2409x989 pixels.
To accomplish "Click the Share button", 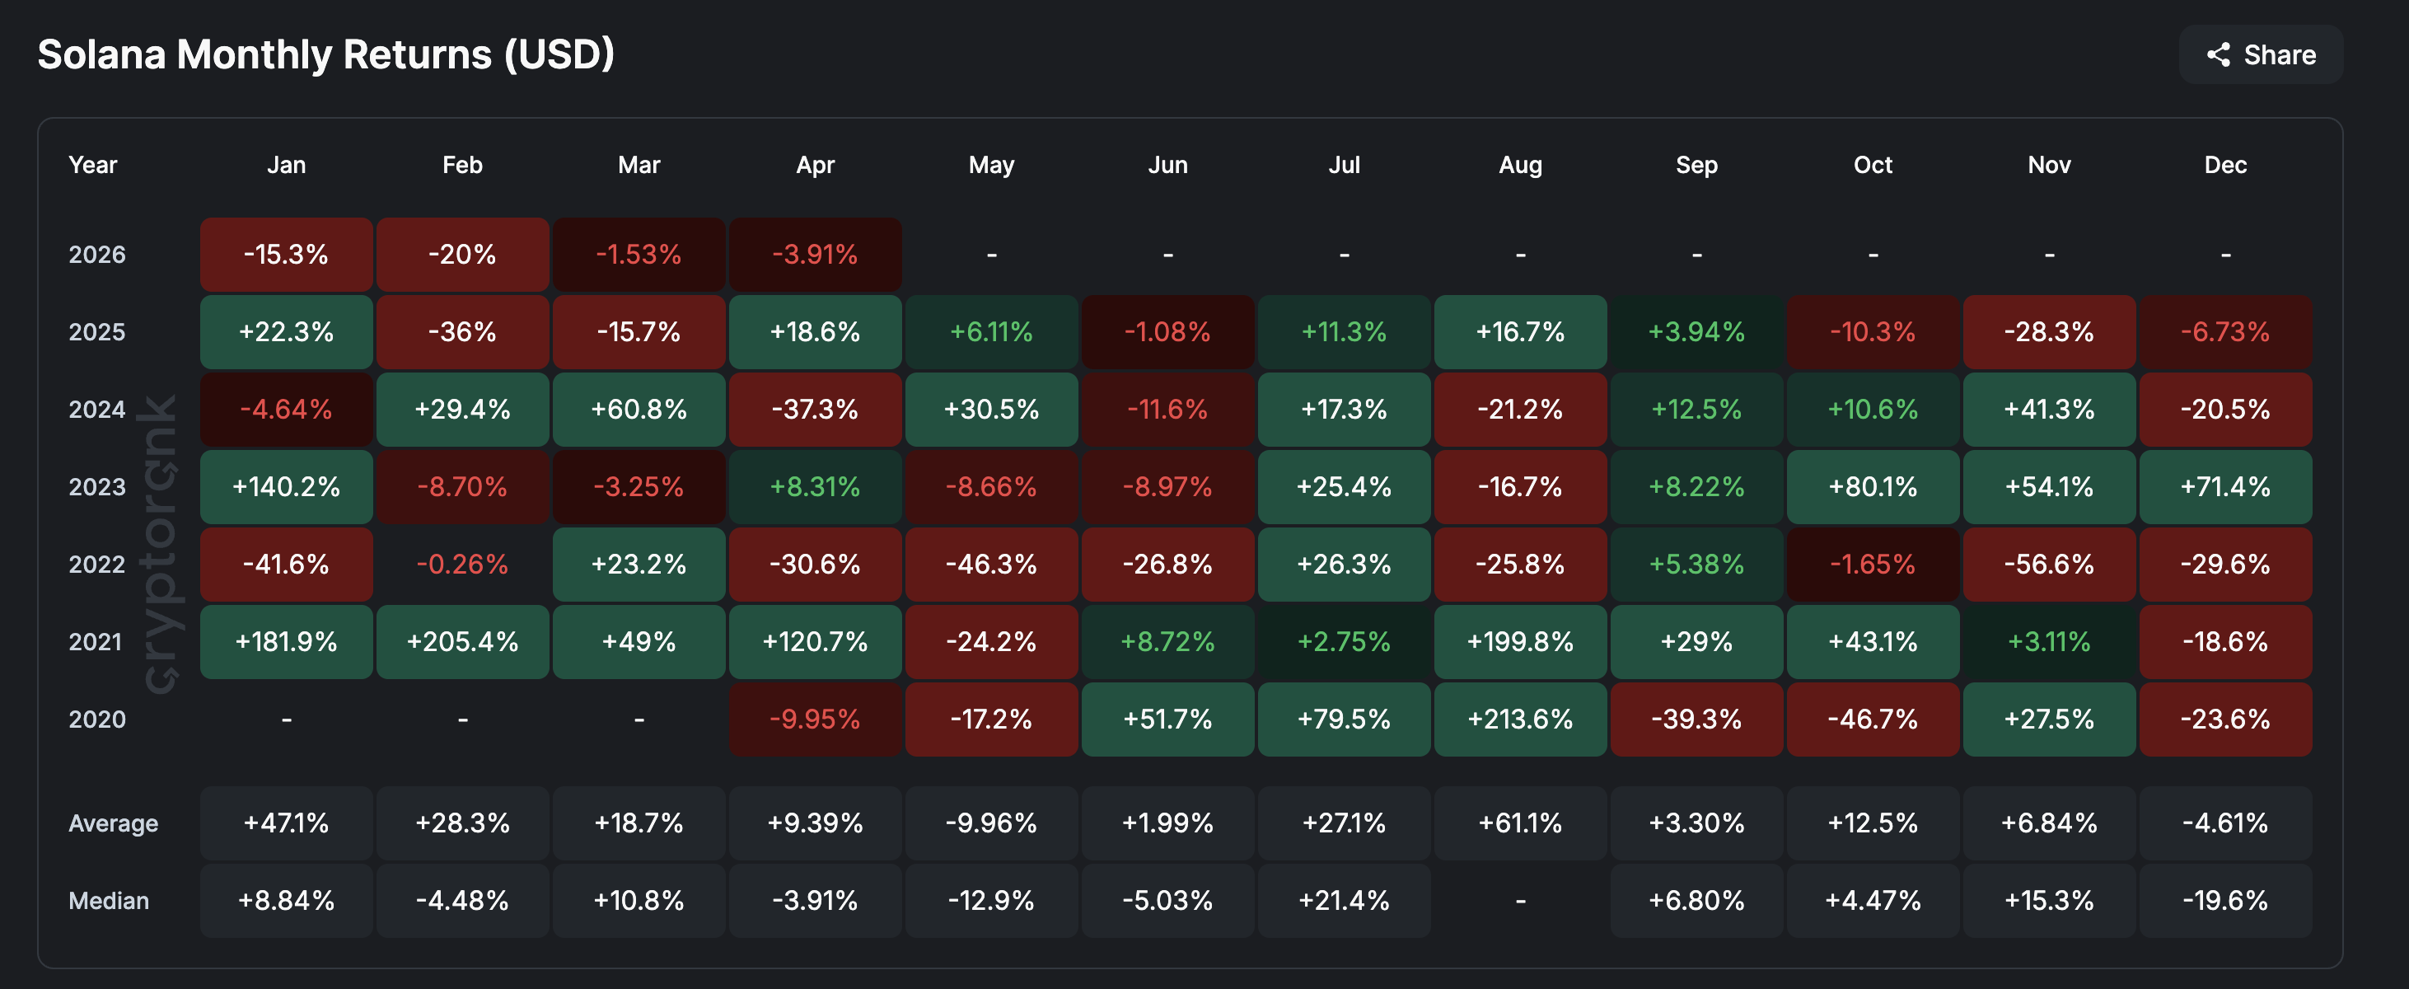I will point(2262,55).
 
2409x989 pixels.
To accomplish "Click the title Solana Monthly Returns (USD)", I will point(325,54).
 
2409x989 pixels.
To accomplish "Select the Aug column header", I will point(1521,166).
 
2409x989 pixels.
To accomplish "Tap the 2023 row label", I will point(96,487).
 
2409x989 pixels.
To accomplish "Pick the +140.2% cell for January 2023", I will point(286,487).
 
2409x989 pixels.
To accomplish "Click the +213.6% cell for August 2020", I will point(1521,719).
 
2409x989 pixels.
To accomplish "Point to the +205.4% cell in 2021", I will point(462,642).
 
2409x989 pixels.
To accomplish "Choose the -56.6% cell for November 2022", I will point(2049,565).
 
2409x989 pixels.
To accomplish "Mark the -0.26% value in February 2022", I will point(462,565).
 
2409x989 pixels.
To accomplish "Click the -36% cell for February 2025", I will point(462,332).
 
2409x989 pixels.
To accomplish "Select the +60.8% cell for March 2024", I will point(639,410).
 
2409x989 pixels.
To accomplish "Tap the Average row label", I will point(113,824).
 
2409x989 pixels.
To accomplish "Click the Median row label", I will point(109,901).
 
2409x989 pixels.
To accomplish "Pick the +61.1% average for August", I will point(1521,824).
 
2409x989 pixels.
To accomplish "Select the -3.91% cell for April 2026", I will point(815,255).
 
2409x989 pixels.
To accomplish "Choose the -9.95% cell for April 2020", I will point(815,719).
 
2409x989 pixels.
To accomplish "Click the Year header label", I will point(92,166).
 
